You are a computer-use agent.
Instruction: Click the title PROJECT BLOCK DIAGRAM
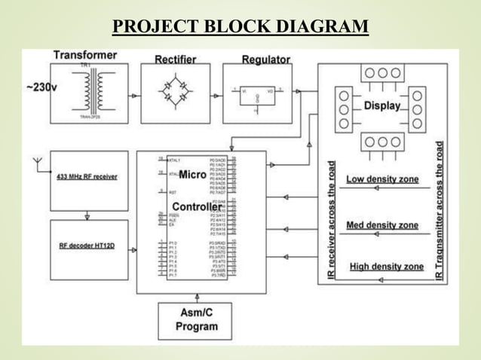pyautogui.click(x=240, y=28)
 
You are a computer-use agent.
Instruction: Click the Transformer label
pyautogui.click(x=85, y=56)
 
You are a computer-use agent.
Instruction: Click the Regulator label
pyautogui.click(x=265, y=59)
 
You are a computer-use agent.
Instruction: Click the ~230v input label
pyautogui.click(x=40, y=88)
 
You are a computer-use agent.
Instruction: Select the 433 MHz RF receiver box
pyautogui.click(x=87, y=178)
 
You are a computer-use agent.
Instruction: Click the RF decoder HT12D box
pyautogui.click(x=87, y=246)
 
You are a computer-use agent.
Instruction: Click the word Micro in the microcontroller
pyautogui.click(x=192, y=175)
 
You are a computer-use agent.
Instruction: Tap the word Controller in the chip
pyautogui.click(x=196, y=207)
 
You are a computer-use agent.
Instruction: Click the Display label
pyautogui.click(x=382, y=106)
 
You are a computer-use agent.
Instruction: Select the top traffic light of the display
pyautogui.click(x=382, y=73)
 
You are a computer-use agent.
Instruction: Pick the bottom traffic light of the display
pyautogui.click(x=382, y=142)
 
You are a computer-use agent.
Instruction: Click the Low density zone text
pyautogui.click(x=381, y=179)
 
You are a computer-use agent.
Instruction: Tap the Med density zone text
pyautogui.click(x=381, y=224)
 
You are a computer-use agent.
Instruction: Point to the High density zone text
pyautogui.click(x=386, y=267)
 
